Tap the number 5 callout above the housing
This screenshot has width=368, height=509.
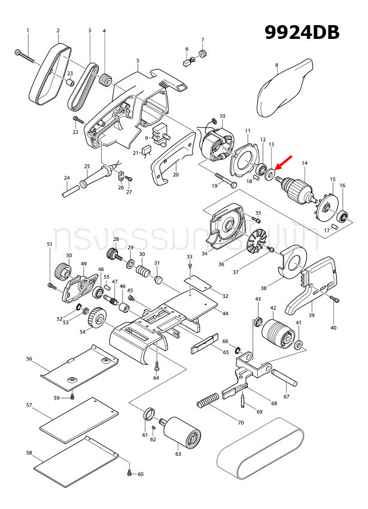(138, 61)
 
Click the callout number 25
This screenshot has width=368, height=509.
(87, 166)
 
